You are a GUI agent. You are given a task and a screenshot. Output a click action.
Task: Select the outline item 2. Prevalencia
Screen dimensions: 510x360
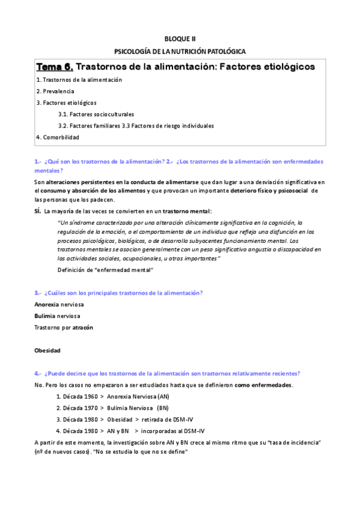click(x=55, y=91)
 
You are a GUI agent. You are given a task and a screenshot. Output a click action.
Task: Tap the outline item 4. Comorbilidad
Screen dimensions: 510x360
click(x=57, y=137)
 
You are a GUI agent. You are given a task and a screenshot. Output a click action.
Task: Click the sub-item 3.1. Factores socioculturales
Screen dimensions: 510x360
click(x=96, y=114)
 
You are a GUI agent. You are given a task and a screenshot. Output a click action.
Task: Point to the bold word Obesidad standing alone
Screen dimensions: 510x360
click(x=47, y=350)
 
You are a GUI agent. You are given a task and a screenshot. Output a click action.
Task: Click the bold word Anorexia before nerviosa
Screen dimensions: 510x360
click(x=47, y=304)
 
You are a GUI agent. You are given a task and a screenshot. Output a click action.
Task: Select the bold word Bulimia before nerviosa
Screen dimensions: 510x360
click(x=45, y=316)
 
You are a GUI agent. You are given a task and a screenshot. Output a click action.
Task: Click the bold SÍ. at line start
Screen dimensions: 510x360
click(x=38, y=211)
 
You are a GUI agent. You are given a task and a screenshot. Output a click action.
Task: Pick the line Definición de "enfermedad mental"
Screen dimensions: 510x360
click(x=106, y=270)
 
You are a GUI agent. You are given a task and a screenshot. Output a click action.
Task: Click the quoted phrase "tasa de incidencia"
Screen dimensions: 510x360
click(x=293, y=442)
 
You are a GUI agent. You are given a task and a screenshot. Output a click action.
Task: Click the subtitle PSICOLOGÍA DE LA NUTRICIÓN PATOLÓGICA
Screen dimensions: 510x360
click(x=180, y=52)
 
